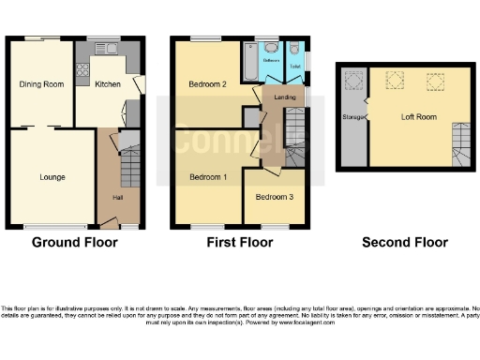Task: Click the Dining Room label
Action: coord(40,84)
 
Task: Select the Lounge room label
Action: coord(52,175)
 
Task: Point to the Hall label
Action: coord(118,197)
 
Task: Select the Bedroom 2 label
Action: coord(208,84)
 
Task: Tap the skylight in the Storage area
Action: coord(353,81)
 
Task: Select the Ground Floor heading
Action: coord(75,242)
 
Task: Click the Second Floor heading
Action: coord(405,242)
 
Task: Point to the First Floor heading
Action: coord(240,242)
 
